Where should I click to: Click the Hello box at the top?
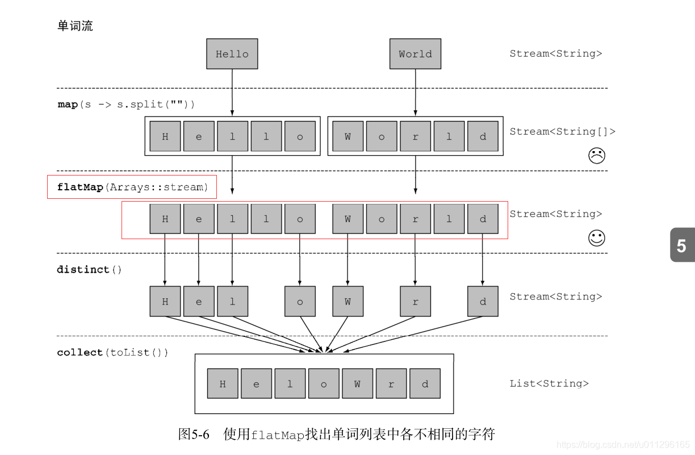click(x=232, y=54)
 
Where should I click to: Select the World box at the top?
click(x=415, y=54)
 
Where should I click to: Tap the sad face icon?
click(x=596, y=156)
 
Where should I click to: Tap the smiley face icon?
click(x=596, y=238)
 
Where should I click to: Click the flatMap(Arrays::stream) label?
click(x=132, y=187)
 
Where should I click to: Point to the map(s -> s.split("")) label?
click(x=126, y=105)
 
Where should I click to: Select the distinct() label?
click(x=89, y=269)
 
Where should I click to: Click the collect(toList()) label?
click(x=112, y=352)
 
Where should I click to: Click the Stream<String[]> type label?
click(x=562, y=131)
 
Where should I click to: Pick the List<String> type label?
click(x=549, y=383)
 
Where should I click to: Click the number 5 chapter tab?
click(x=681, y=245)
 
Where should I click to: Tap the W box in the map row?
click(x=347, y=136)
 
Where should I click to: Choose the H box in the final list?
click(x=223, y=384)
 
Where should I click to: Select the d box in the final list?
click(x=425, y=384)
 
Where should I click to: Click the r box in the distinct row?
click(x=415, y=302)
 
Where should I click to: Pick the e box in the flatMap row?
click(x=199, y=219)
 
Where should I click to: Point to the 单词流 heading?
click(x=75, y=26)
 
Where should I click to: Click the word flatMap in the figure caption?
click(x=278, y=435)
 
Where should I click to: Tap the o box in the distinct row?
click(x=300, y=302)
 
